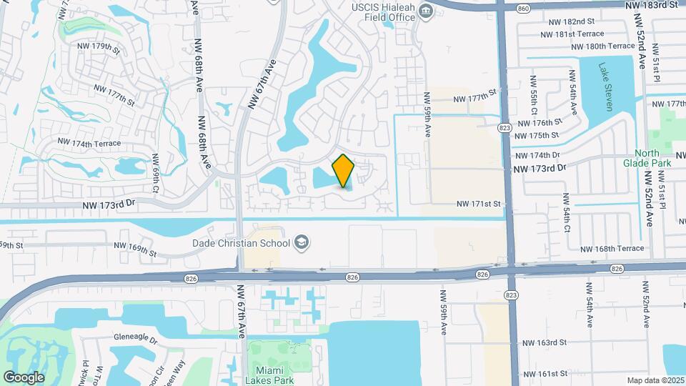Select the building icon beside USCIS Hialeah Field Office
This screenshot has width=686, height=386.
(427, 11)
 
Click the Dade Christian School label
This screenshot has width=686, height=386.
(241, 243)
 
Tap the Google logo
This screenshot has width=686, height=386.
(24, 377)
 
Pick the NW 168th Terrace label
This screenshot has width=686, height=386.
(612, 249)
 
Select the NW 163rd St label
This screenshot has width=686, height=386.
(545, 343)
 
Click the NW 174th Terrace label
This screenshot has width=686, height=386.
(86, 144)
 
